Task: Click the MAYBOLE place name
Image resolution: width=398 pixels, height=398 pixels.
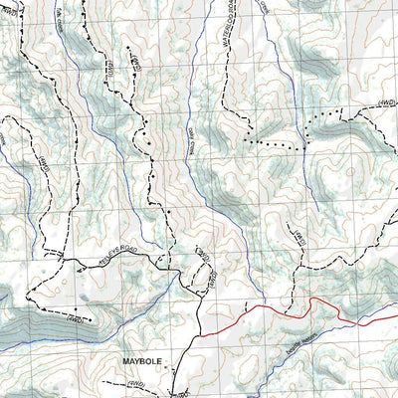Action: tap(140, 361)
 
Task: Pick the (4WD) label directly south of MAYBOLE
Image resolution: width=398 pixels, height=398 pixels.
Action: tap(139, 382)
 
